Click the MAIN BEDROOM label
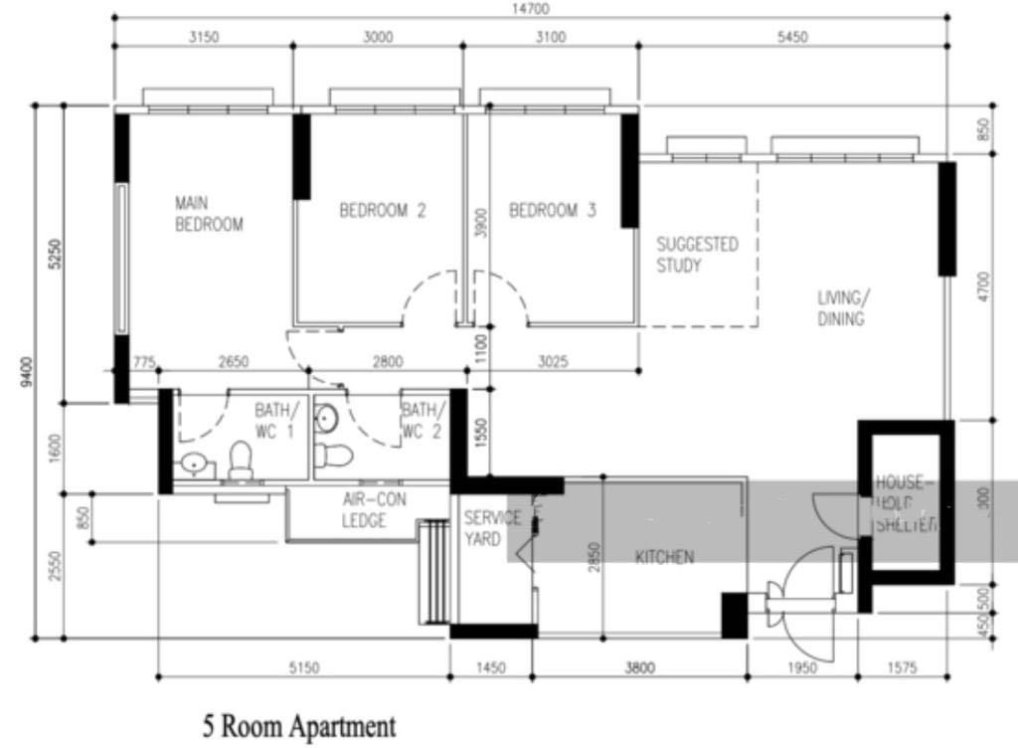pos(209,214)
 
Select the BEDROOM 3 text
pos(553,211)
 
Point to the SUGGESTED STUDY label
pos(697,255)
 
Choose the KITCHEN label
pos(664,557)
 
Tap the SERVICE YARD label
pos(492,528)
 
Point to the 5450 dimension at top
pos(791,38)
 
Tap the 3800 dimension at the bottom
pos(639,669)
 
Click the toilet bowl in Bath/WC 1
pos(241,461)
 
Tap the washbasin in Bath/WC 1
pos(193,465)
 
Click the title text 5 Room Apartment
pos(298,727)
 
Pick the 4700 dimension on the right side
pos(983,287)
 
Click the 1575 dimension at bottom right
pos(903,669)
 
